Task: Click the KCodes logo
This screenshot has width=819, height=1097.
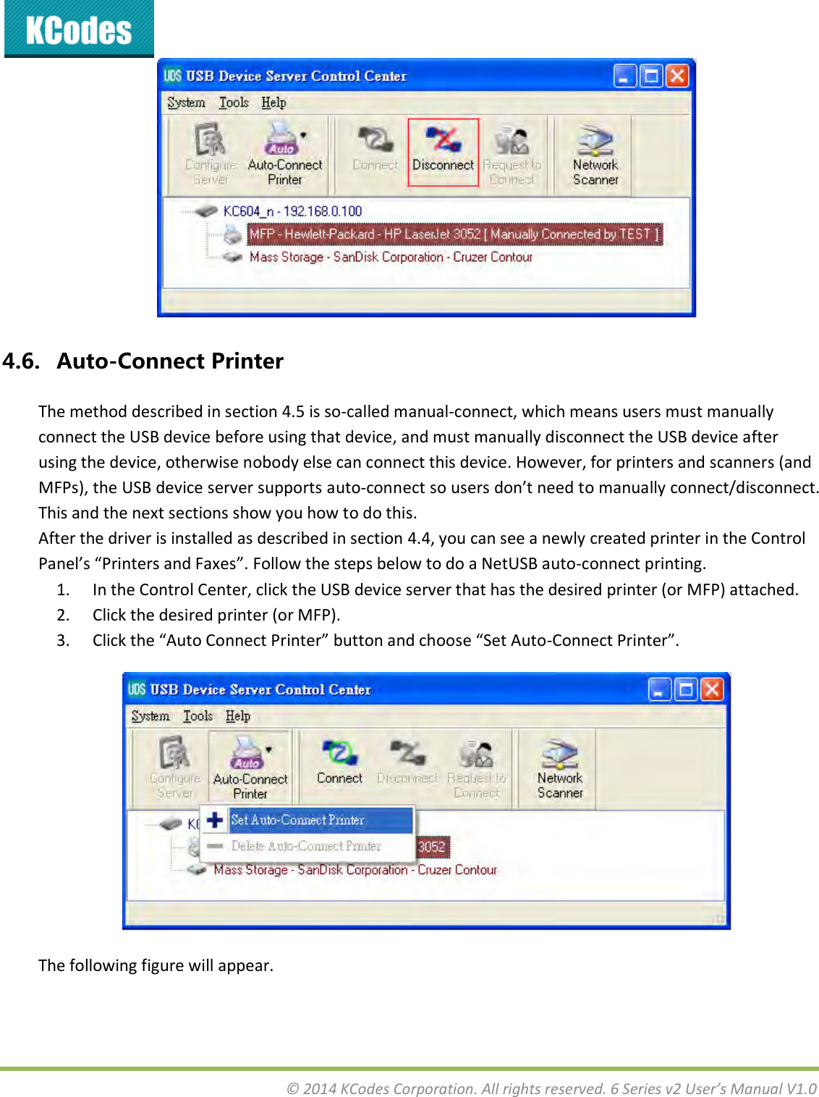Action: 79,30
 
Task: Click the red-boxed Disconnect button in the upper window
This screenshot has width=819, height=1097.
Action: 443,152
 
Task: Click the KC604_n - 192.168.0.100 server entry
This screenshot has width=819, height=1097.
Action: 292,211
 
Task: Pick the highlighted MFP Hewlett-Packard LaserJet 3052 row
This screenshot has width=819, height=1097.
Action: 454,234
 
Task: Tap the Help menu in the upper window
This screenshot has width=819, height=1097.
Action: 273,103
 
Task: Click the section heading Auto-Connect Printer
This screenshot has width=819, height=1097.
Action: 170,361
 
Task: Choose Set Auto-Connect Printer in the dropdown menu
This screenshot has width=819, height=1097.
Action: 297,820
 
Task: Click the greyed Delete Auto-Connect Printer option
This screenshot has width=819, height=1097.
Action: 305,846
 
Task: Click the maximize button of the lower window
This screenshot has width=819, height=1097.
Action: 684,689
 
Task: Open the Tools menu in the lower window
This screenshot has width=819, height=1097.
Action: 198,716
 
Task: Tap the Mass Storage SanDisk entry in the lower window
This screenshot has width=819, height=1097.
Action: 355,870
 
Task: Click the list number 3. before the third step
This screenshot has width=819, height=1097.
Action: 64,641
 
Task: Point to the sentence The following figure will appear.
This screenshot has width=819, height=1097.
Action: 156,965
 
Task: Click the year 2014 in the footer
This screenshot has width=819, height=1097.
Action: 319,1088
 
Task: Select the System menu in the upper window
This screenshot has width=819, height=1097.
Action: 186,103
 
